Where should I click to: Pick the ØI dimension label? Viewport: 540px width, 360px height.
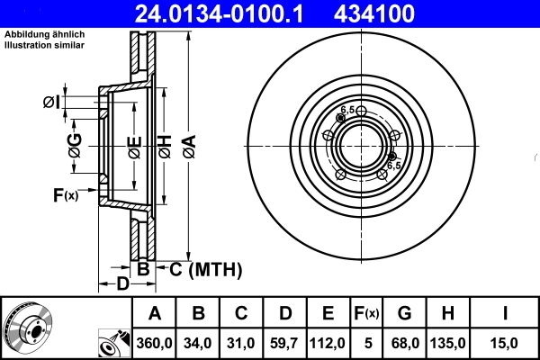51,103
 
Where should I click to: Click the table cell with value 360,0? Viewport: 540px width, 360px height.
154,343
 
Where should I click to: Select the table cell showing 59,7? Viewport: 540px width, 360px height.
283,343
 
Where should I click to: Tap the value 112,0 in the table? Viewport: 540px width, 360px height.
328,343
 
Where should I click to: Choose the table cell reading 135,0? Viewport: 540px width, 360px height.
448,343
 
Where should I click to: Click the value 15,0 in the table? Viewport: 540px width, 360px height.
505,343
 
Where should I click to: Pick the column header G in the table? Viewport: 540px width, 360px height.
404,314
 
